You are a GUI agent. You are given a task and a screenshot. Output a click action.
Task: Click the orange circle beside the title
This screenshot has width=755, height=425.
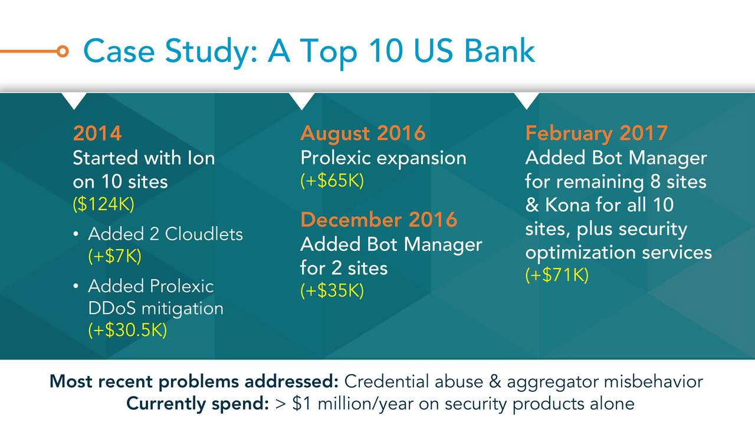coord(63,51)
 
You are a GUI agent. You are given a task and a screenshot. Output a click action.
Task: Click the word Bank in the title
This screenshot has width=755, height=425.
coord(499,51)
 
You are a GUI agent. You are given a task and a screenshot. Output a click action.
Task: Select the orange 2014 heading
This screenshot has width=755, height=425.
coord(97,133)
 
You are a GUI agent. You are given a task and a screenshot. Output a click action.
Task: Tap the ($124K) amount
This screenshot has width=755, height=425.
coord(103,204)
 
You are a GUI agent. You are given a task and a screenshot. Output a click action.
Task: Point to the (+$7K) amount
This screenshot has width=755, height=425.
coord(114,256)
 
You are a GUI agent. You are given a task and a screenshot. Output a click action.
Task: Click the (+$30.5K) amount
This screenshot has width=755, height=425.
coord(127,330)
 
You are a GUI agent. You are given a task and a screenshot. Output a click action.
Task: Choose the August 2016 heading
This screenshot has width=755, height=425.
coord(363,134)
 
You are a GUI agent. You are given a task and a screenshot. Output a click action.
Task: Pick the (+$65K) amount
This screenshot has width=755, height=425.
coord(332,181)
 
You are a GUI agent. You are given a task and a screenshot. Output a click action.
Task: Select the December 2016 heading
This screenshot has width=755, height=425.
coord(379,220)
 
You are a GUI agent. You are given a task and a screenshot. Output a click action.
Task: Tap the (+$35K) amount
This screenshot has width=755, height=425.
coord(332,291)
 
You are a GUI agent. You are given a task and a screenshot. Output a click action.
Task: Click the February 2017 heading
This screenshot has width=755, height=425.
coord(596,133)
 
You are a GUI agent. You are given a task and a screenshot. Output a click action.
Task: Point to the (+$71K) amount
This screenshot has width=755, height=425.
coord(557,274)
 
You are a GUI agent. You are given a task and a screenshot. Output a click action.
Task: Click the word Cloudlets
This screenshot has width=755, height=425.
coord(203,234)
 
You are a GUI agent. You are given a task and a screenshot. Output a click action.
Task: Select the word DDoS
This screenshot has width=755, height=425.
coord(112,308)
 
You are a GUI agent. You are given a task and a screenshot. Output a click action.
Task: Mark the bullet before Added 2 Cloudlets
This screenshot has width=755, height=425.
coord(76,234)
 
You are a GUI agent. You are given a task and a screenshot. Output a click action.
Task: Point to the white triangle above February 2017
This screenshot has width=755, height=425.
coord(527,101)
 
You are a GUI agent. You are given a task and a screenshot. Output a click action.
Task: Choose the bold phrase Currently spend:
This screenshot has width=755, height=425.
coord(198,404)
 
